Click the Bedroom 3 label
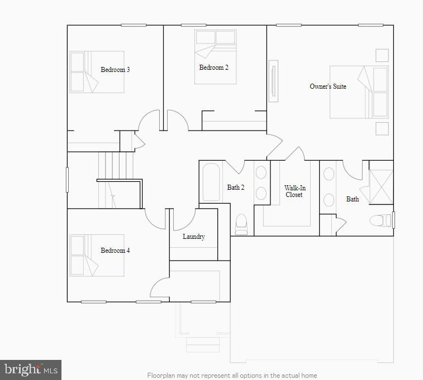click(115, 70)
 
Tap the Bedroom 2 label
click(213, 68)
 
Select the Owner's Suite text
click(328, 86)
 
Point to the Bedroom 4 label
click(115, 251)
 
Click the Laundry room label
click(193, 237)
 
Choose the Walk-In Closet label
click(294, 191)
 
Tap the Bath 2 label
click(235, 187)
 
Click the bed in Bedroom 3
click(96, 72)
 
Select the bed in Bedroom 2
click(215, 56)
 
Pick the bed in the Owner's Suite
click(358, 92)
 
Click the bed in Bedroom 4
click(96, 255)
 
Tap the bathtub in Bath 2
click(211, 181)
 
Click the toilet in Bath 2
click(241, 224)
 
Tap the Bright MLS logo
click(31, 369)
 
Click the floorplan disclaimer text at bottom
click(232, 376)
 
